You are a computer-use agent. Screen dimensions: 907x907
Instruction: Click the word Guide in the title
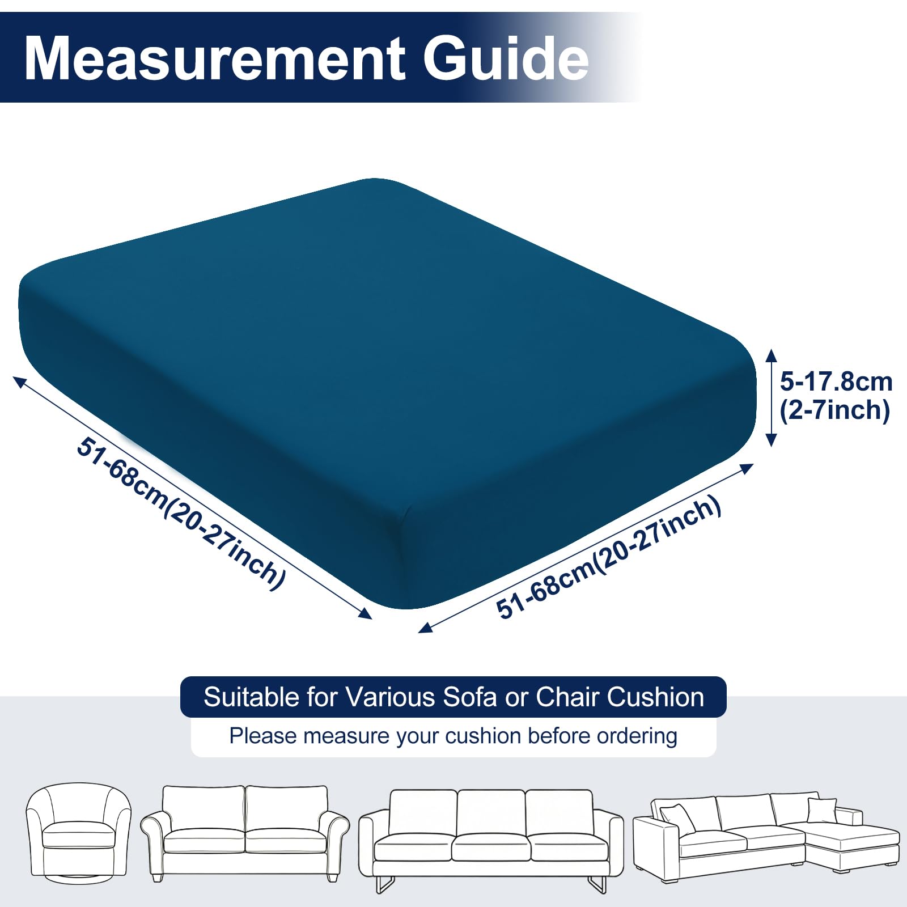click(x=506, y=58)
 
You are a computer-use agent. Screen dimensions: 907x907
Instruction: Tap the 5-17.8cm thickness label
click(x=836, y=382)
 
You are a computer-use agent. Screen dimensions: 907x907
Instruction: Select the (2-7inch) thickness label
click(x=835, y=410)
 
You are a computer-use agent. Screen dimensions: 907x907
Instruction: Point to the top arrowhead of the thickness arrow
click(x=771, y=354)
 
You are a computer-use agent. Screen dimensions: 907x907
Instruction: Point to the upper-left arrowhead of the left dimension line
click(x=19, y=382)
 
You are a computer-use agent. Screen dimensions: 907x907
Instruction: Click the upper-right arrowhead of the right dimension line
click(x=747, y=468)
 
